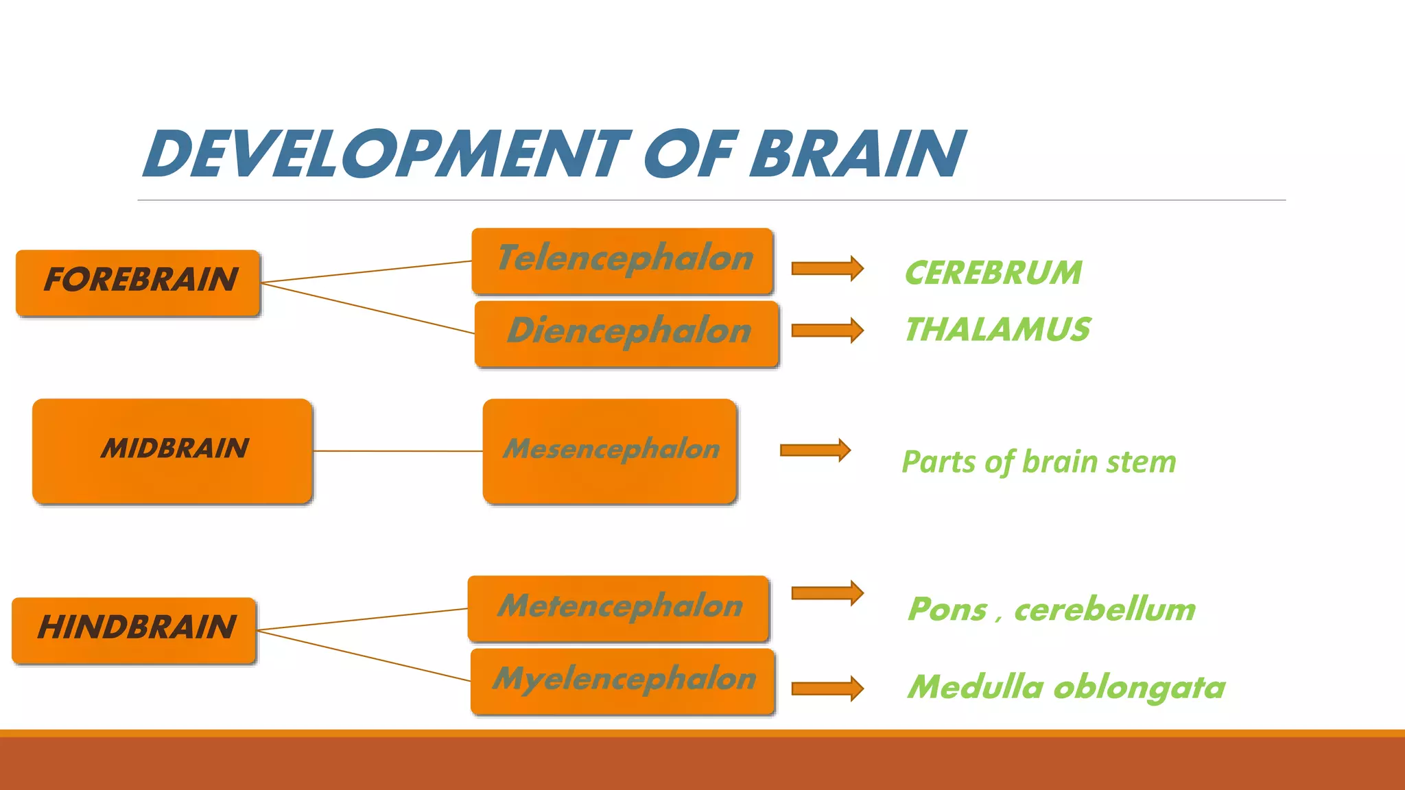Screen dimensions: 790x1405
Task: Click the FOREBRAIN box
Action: [x=138, y=282]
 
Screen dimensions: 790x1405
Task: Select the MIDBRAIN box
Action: [x=172, y=451]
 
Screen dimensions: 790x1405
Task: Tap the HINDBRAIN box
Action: [x=134, y=630]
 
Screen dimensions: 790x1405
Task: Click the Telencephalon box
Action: [x=623, y=261]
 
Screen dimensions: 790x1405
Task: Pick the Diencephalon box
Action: [x=626, y=333]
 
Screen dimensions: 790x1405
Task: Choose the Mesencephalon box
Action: [x=610, y=451]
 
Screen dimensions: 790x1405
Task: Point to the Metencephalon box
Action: [x=618, y=608]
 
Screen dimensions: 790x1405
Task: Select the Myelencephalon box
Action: [x=623, y=681]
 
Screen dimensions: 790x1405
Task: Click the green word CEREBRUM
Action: [x=993, y=273]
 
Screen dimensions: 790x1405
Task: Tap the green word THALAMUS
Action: [x=997, y=330]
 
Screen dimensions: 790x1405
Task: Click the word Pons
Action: [x=947, y=610]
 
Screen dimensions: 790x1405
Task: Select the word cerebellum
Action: [x=1105, y=610]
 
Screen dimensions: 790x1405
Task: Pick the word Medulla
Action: [x=975, y=687]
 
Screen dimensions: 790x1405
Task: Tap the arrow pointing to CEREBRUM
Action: [x=827, y=268]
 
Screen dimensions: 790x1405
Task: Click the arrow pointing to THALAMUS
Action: [x=827, y=331]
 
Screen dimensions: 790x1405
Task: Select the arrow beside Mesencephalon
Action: [x=815, y=450]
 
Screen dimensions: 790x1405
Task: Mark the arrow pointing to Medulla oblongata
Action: [x=827, y=689]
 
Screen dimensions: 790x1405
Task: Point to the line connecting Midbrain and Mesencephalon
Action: [x=398, y=451]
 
